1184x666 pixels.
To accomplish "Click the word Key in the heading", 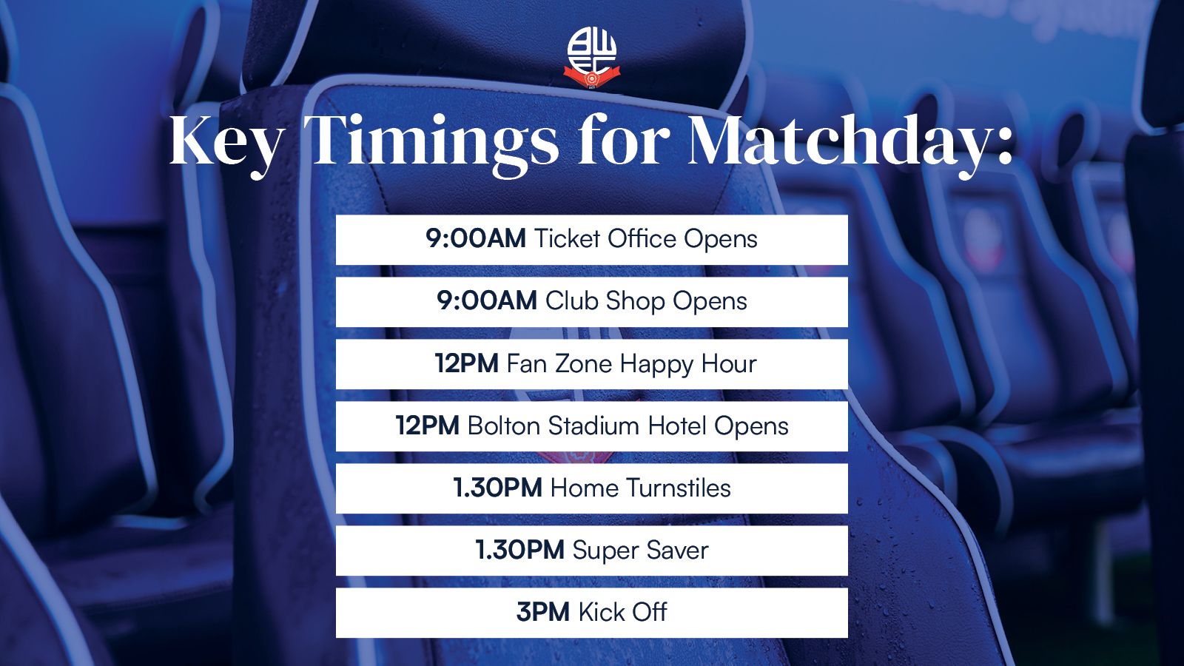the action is (225, 141).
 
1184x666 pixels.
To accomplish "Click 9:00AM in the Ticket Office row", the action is (476, 239).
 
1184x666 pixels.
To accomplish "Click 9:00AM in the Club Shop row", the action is (487, 300).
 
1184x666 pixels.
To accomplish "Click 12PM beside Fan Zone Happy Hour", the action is (467, 363).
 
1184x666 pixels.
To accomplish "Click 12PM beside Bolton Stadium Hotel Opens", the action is (428, 425).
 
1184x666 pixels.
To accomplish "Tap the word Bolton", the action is (504, 425).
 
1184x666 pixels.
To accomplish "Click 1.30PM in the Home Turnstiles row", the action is (498, 488).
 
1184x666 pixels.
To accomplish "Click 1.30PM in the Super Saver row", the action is (520, 551).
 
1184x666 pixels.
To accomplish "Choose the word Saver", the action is (677, 551).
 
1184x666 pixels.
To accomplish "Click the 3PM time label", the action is (543, 612).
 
